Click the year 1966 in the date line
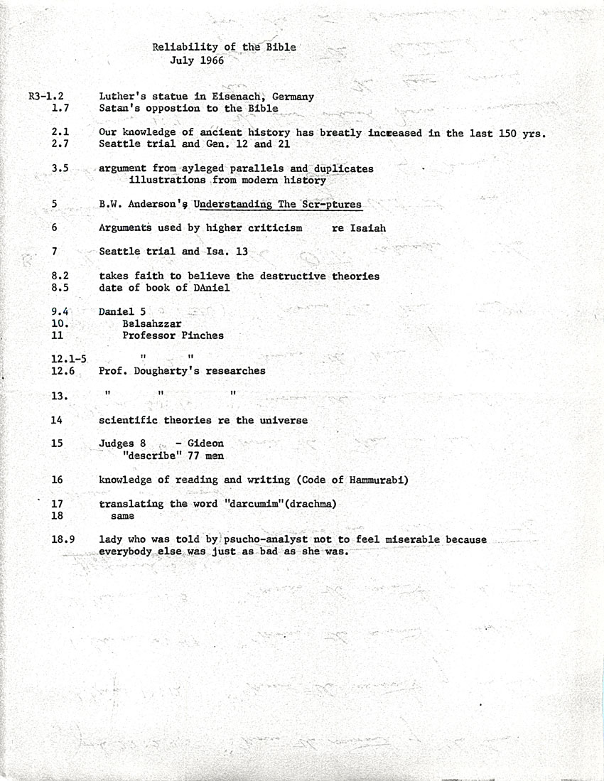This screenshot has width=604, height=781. coord(212,60)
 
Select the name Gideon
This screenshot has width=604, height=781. coord(205,443)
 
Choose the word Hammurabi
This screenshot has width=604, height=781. coord(378,480)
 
